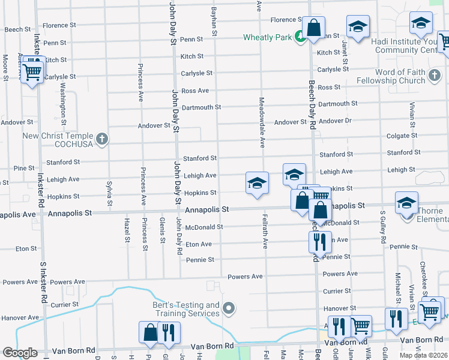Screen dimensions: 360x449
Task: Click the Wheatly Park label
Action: pyautogui.click(x=267, y=37)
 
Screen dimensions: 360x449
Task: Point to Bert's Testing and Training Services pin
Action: pyautogui.click(x=228, y=309)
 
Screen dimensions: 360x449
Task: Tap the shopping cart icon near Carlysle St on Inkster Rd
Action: pyautogui.click(x=33, y=73)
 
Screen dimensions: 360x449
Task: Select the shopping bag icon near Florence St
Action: pyautogui.click(x=313, y=28)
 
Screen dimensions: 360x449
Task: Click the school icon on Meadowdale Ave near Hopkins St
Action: pyautogui.click(x=257, y=184)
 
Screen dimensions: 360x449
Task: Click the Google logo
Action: pyautogui.click(x=20, y=352)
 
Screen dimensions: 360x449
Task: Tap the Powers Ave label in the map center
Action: pyautogui.click(x=246, y=277)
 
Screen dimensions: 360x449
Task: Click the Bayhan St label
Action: pyautogui.click(x=214, y=23)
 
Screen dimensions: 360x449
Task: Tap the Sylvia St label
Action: pyautogui.click(x=109, y=193)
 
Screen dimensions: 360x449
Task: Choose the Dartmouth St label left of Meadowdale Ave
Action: pyautogui.click(x=201, y=107)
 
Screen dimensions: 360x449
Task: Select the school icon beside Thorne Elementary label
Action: pyautogui.click(x=406, y=203)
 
